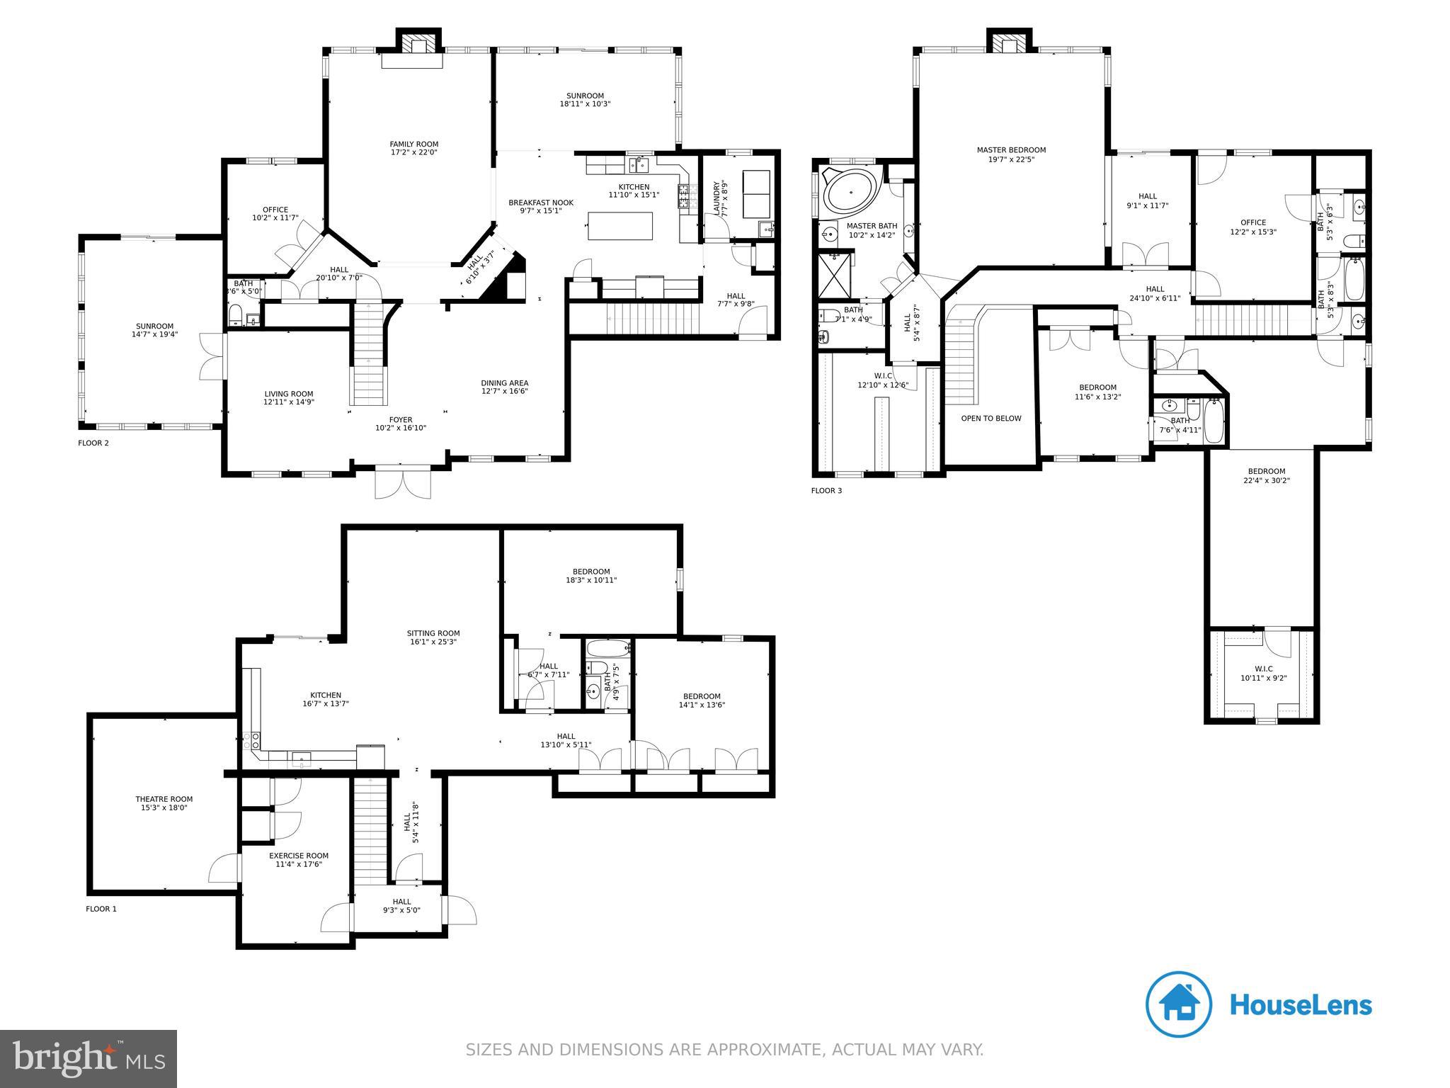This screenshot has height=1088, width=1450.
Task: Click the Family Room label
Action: coord(414,144)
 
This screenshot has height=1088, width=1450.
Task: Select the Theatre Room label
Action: coord(164,799)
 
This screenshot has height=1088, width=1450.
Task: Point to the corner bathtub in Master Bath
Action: coord(849,191)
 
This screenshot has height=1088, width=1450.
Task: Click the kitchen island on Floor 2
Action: coord(620,227)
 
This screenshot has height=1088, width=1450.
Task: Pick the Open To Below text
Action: coord(991,419)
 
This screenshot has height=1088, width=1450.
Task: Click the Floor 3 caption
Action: coord(826,490)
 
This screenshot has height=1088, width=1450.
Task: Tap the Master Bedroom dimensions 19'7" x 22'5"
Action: coord(1011,159)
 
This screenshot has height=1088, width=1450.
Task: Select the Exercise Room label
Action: coord(299,856)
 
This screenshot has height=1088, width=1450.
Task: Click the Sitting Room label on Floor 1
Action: coord(433,633)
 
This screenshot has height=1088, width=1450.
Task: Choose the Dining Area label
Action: coord(505,383)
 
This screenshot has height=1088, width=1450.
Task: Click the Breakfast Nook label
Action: coord(541,203)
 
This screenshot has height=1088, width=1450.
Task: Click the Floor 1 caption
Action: coord(101,909)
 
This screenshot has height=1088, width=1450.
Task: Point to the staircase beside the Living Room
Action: coord(370,354)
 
